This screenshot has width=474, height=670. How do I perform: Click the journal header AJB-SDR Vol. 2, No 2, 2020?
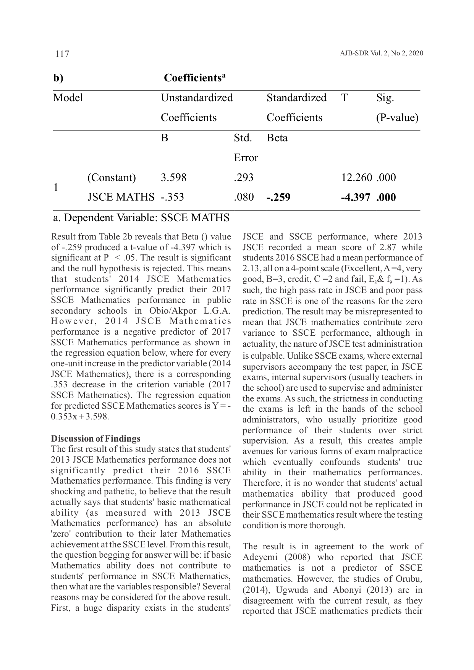(x=381, y=53)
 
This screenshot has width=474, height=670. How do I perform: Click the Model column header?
(x=68, y=98)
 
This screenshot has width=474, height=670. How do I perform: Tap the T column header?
(x=345, y=98)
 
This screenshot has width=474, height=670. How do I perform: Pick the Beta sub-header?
(x=277, y=138)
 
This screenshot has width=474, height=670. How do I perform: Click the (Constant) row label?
(x=112, y=178)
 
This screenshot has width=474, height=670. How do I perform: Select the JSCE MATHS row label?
(x=121, y=197)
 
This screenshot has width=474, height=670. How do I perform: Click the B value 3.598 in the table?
(x=174, y=178)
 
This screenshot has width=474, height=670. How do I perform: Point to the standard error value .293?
(x=244, y=178)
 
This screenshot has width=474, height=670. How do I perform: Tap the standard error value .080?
(x=244, y=197)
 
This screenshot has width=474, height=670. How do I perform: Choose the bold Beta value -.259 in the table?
(x=278, y=197)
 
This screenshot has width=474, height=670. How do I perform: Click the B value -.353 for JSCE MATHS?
(x=173, y=197)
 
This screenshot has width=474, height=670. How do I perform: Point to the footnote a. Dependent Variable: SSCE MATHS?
(x=141, y=218)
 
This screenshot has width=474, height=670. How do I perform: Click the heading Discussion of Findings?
(x=96, y=439)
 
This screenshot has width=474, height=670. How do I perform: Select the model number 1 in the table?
(x=56, y=188)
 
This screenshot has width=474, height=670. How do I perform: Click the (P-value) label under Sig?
(x=397, y=118)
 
